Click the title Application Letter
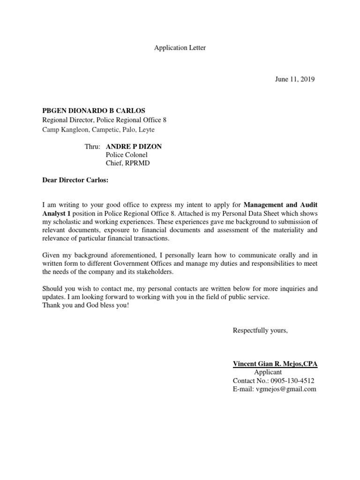(x=180, y=48)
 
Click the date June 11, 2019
(x=295, y=79)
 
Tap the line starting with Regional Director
(x=104, y=120)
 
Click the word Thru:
(x=93, y=146)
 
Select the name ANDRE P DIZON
(x=134, y=146)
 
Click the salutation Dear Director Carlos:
(x=75, y=180)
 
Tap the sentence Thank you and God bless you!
(x=85, y=306)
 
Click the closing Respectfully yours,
(x=260, y=331)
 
